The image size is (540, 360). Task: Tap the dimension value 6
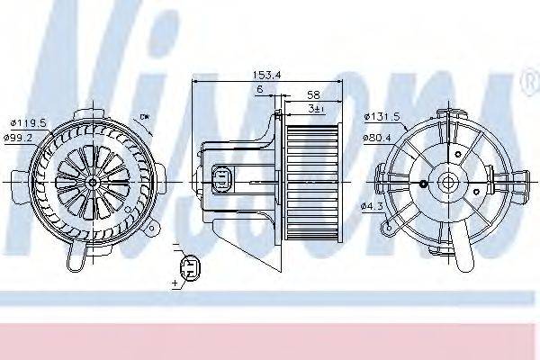[259, 90]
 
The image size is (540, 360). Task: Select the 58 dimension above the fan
[312, 94]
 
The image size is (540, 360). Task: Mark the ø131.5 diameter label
[382, 116]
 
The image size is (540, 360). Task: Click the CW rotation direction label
[144, 118]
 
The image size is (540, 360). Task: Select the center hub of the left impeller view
[92, 180]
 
